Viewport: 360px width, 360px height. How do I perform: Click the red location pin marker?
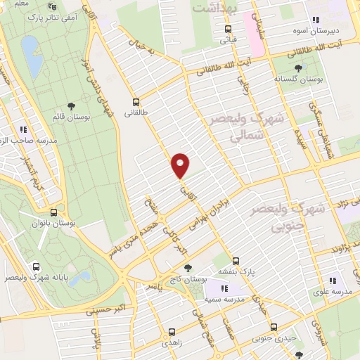[181, 165]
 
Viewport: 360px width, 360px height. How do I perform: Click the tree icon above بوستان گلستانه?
[299, 67]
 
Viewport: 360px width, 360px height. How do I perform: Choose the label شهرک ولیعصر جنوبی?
[310, 217]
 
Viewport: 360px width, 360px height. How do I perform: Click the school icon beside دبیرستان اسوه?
[316, 20]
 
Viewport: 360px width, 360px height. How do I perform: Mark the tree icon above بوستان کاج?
[187, 267]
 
